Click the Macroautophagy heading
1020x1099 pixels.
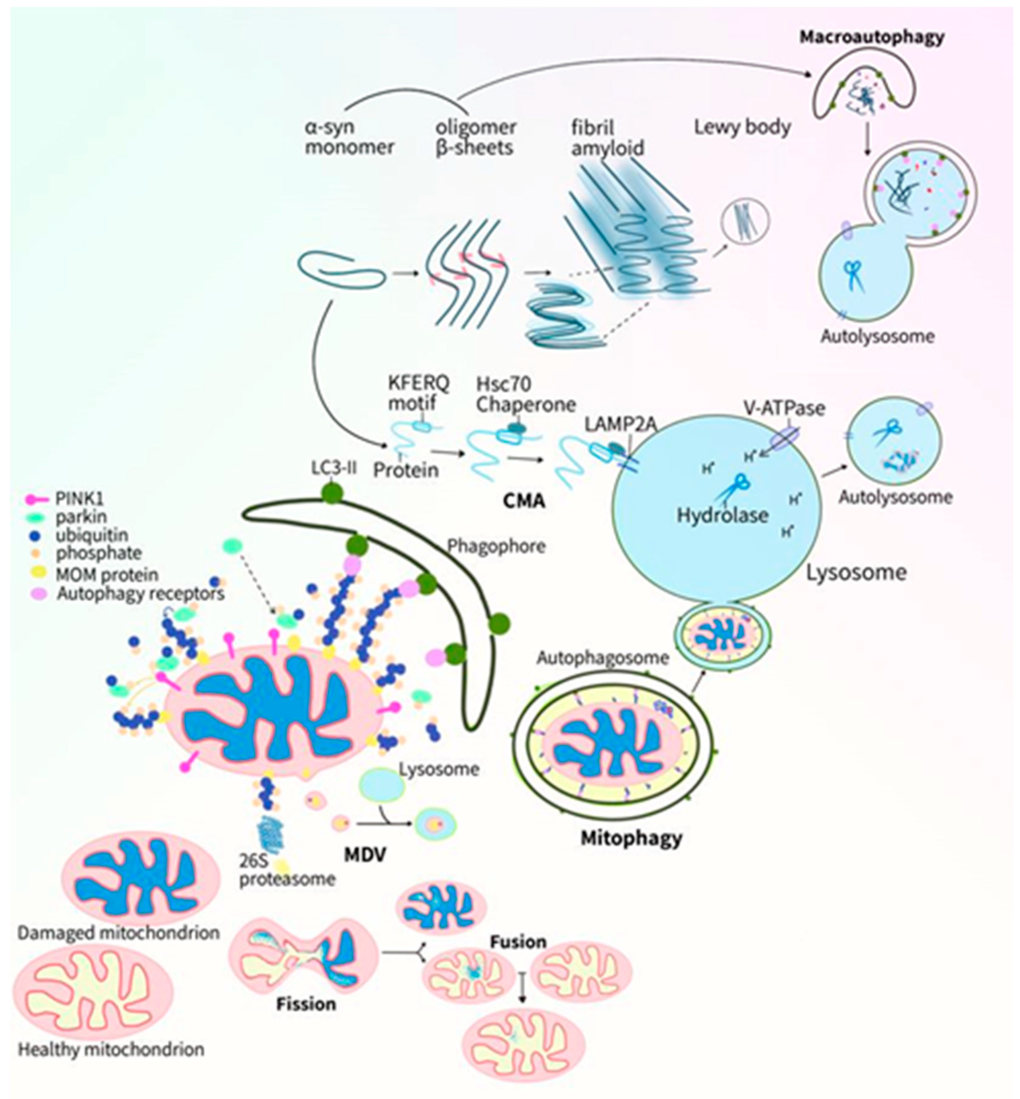tap(871, 37)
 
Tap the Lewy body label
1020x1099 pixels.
tap(742, 128)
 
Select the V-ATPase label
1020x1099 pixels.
tap(784, 408)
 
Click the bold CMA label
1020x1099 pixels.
tap(524, 501)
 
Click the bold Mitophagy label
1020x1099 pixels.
tap(631, 838)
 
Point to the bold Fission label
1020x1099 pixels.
tap(306, 1003)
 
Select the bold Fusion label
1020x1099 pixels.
tap(518, 942)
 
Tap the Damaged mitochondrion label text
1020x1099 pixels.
tap(118, 932)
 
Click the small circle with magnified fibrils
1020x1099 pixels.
tap(745, 223)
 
